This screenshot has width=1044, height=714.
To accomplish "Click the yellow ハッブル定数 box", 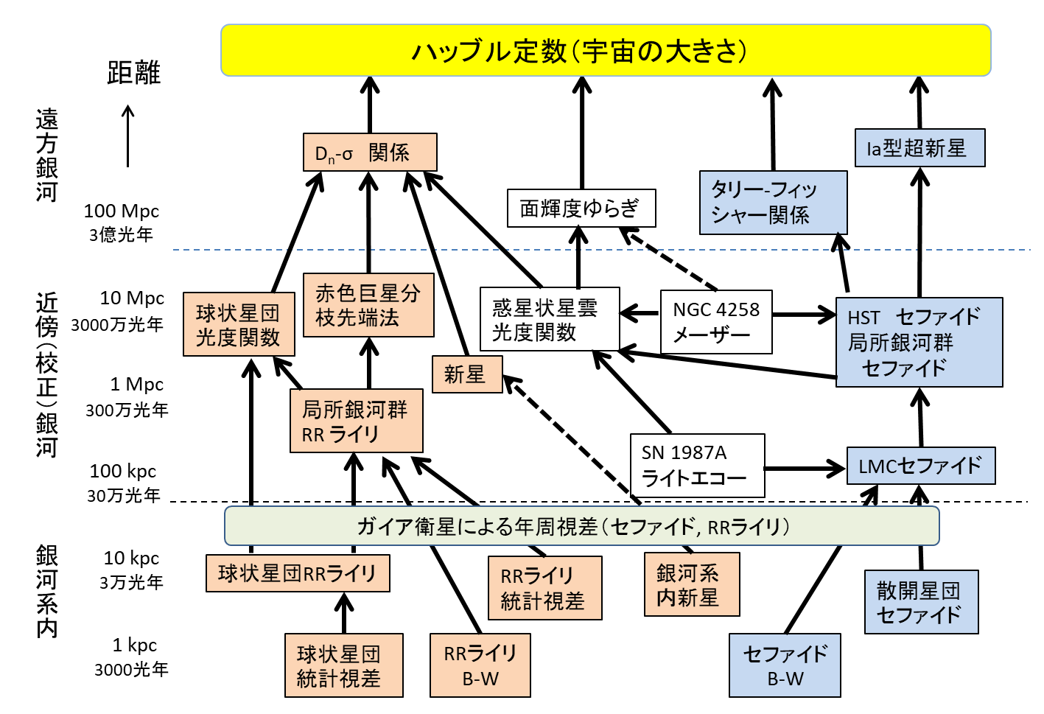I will pos(606,51).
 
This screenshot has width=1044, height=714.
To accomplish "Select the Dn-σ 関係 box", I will pos(370,153).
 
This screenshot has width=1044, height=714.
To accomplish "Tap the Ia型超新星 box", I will pos(919,148).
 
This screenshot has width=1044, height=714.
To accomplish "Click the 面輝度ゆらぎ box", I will pos(581,209).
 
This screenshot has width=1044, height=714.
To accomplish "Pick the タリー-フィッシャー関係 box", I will pos(773,203).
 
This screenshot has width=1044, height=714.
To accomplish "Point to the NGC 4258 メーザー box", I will pos(716,322).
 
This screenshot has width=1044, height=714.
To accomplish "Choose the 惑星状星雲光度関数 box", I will pos(550,319).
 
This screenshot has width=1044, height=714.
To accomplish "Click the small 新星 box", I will pos(467,374).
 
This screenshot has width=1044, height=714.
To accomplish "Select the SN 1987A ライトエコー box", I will pos(697,466).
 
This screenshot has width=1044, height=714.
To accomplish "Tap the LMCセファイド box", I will pos(921,466).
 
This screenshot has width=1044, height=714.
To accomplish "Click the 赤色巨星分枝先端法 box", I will pos(368,305).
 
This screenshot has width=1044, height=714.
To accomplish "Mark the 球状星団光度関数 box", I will pos(239,324).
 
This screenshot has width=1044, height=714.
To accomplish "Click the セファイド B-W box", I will pos(785,665).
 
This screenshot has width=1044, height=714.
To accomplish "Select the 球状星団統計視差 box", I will pos(343,665).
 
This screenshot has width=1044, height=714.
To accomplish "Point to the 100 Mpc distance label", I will pos(122,211).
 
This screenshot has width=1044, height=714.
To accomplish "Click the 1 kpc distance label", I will pos(135,645).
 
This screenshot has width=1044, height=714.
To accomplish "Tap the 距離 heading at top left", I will pos(133,73).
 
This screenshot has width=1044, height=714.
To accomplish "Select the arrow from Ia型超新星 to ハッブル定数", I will pos(919,103).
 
